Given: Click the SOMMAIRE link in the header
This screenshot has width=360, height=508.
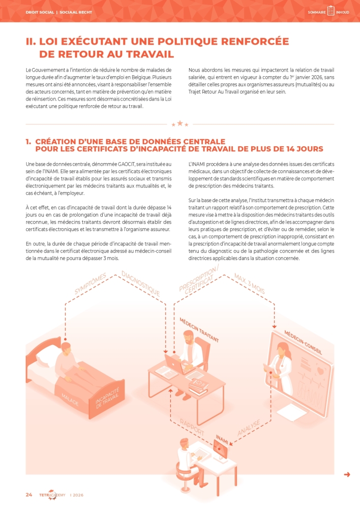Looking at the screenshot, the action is click(317, 12).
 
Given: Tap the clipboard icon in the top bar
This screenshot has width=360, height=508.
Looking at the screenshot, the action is click(331, 11).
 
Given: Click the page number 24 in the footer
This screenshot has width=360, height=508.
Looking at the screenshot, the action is click(29, 495).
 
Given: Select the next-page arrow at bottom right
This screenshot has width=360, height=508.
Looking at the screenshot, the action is click(347, 474).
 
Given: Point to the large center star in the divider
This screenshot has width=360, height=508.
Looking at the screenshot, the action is click(179, 123).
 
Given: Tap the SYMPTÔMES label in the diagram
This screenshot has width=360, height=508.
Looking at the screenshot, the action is click(90, 284).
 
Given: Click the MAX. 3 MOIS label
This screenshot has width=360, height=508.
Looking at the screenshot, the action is click(249, 284).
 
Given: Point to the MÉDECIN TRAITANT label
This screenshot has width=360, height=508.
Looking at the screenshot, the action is click(199, 330).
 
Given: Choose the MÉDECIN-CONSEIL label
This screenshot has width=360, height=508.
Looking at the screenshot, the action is click(303, 342).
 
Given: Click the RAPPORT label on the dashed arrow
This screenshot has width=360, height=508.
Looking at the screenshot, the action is click(192, 427).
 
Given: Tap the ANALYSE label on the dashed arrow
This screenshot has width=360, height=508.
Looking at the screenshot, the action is click(249, 428).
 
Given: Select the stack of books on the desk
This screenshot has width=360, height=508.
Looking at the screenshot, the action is click(198, 387).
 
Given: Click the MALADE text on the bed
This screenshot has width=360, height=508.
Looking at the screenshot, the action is click(70, 399).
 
